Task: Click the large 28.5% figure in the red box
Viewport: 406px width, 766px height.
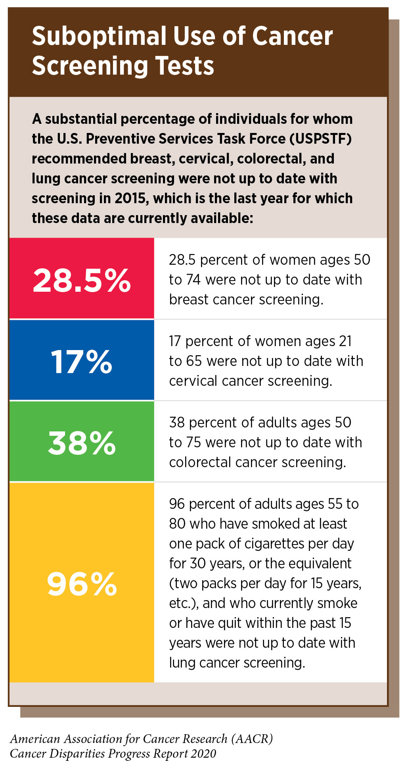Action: click(x=82, y=280)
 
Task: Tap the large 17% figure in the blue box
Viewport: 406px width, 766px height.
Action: click(x=82, y=362)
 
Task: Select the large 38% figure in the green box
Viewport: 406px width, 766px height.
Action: click(x=82, y=443)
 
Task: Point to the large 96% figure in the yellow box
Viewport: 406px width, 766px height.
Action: click(x=82, y=584)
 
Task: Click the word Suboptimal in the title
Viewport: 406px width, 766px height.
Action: click(x=99, y=37)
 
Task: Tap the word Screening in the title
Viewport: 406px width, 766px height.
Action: click(x=90, y=66)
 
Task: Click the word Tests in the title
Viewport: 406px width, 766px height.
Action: click(x=185, y=66)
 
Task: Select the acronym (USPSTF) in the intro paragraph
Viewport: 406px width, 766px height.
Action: click(x=320, y=139)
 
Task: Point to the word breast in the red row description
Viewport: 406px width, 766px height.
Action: click(x=189, y=300)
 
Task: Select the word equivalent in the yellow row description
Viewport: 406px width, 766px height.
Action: click(x=318, y=564)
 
